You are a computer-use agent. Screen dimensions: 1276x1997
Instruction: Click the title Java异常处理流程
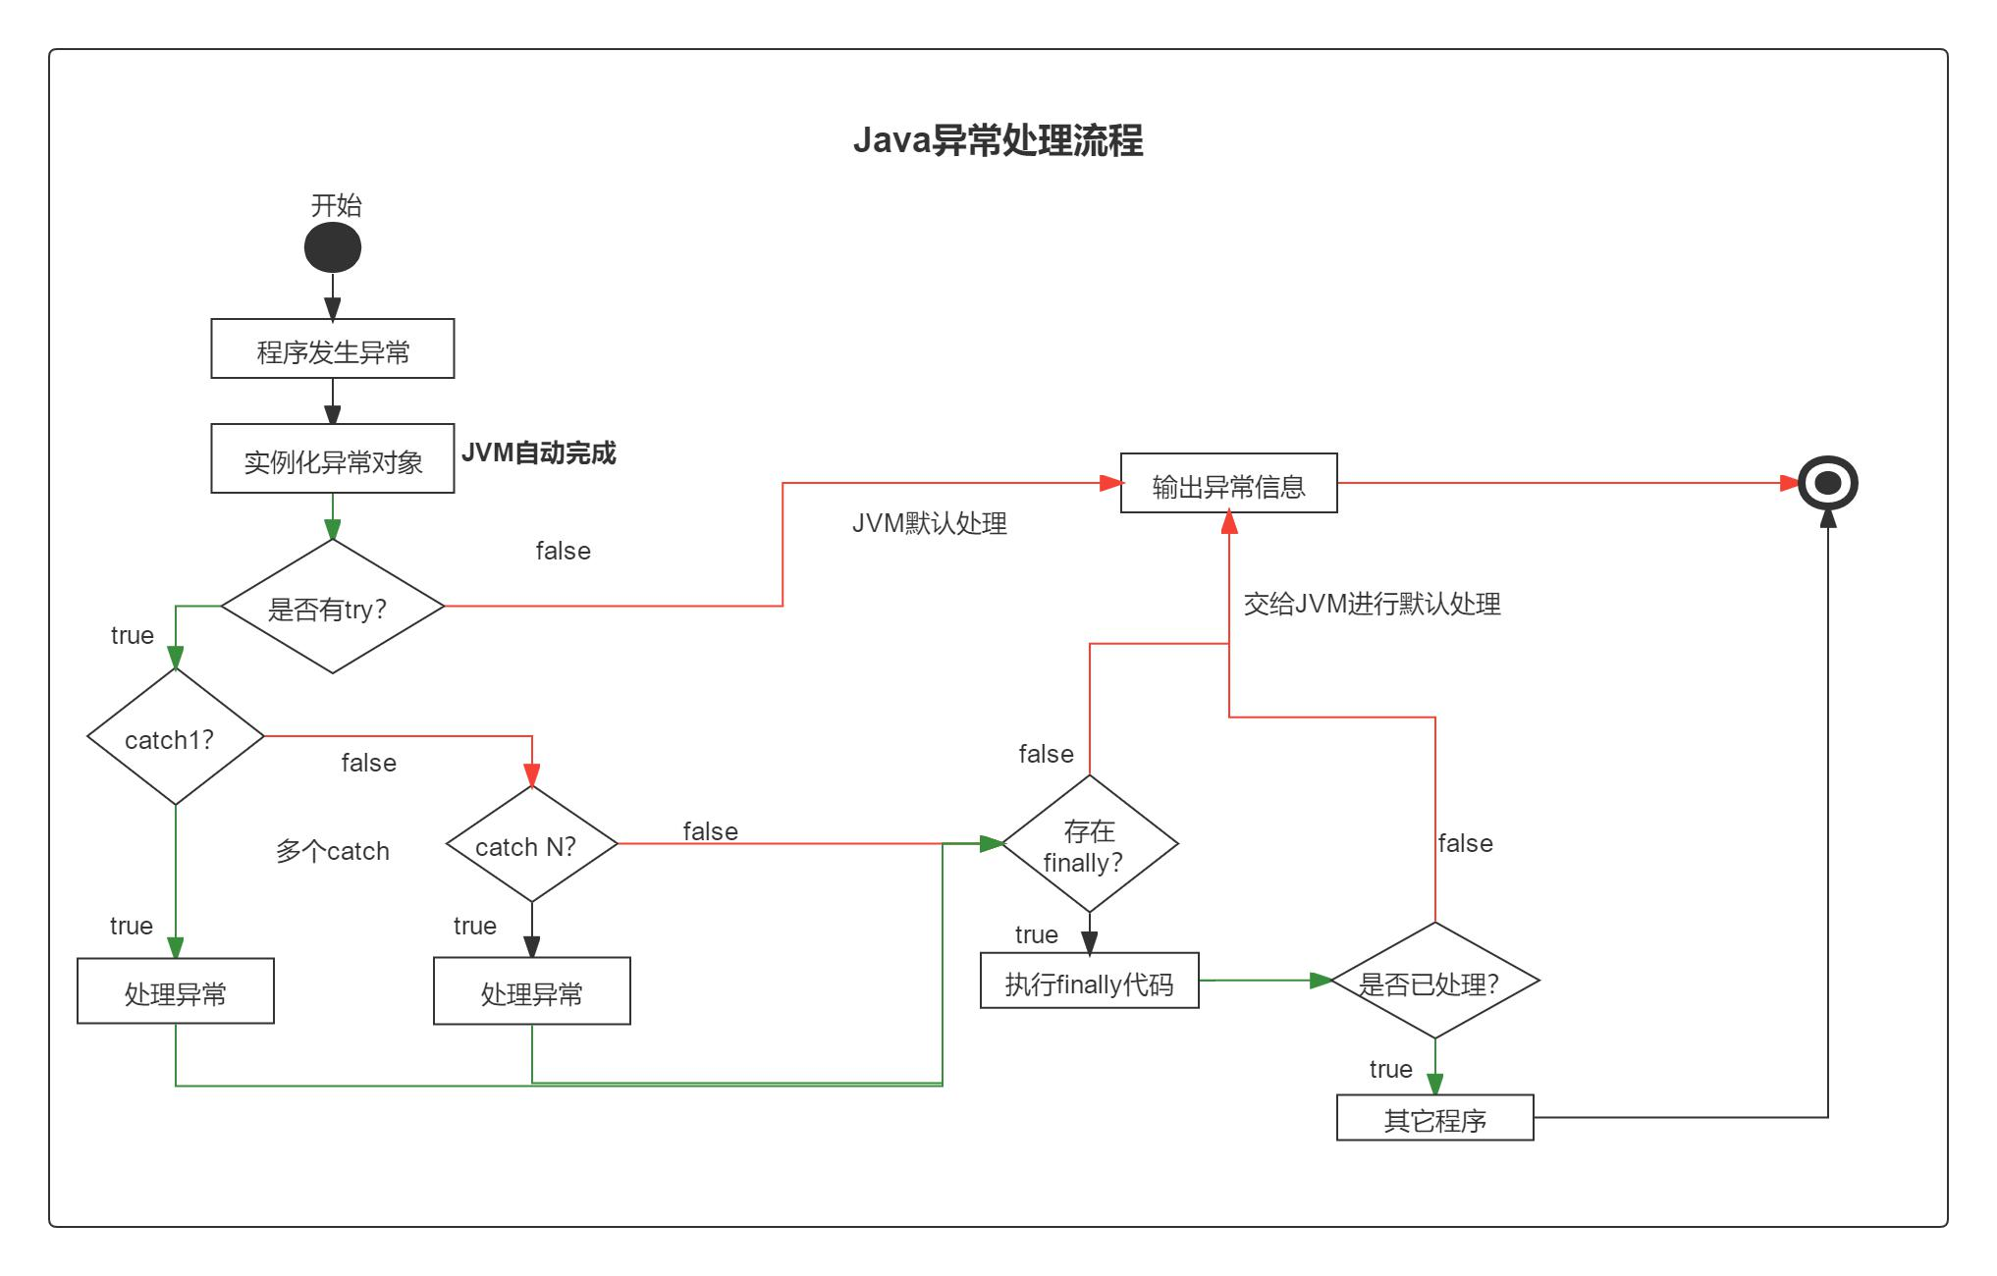click(x=998, y=140)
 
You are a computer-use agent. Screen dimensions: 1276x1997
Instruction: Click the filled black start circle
click(x=333, y=247)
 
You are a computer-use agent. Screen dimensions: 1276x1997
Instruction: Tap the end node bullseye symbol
click(x=1827, y=483)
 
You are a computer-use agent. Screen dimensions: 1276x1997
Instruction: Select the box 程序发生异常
click(x=333, y=348)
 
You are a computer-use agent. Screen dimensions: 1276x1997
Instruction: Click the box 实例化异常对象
click(x=333, y=458)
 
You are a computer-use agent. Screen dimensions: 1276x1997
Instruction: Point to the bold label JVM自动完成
click(x=538, y=452)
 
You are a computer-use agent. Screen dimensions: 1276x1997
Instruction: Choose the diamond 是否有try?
click(x=333, y=608)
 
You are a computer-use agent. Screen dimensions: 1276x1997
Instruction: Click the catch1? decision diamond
click(x=176, y=737)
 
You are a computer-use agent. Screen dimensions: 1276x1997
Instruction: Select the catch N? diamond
click(x=531, y=844)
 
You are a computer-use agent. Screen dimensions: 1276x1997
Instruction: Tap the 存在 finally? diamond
click(x=1089, y=844)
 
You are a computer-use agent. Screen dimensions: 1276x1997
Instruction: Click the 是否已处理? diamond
click(x=1434, y=981)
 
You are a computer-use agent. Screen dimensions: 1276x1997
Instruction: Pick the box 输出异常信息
click(x=1228, y=483)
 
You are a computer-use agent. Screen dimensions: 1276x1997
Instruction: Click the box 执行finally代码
click(x=1089, y=981)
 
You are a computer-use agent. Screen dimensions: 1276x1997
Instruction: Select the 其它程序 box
click(x=1434, y=1118)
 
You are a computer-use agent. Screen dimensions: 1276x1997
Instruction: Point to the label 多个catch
click(x=332, y=851)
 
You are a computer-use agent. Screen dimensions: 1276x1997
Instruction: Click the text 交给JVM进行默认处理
click(x=1372, y=604)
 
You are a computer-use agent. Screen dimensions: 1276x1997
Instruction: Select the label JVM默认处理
click(x=929, y=523)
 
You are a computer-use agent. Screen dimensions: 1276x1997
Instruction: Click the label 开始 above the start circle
click(x=336, y=205)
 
